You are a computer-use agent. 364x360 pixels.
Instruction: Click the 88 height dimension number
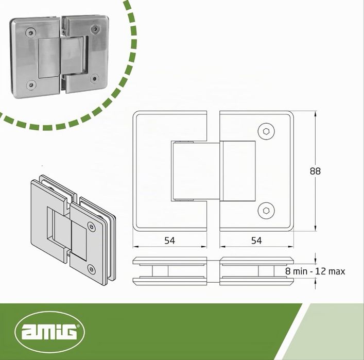[x=315, y=171]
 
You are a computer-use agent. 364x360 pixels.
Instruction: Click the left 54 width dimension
[x=170, y=241]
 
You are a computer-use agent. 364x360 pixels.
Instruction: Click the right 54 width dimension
[x=256, y=241]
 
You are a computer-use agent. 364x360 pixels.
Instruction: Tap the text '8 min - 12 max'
[x=315, y=271]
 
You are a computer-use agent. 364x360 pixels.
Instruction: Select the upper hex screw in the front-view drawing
[x=266, y=131]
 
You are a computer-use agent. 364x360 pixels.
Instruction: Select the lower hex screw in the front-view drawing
[x=266, y=211]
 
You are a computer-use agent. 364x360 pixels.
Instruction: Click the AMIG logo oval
[x=49, y=332]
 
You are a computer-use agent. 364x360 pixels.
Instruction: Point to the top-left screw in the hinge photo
[x=31, y=33]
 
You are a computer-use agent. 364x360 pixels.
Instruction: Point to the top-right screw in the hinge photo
[x=95, y=28]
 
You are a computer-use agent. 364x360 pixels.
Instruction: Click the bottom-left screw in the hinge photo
[x=31, y=85]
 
